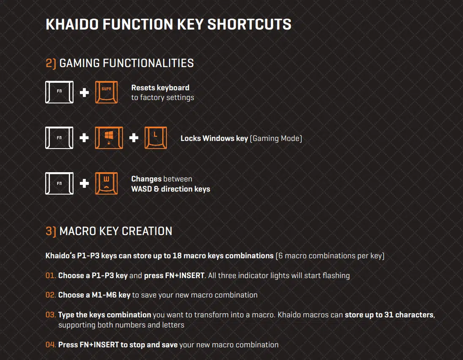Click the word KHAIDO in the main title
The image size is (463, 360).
(x=72, y=24)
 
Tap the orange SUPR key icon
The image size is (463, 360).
(x=106, y=92)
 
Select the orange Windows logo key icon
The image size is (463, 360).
(x=109, y=138)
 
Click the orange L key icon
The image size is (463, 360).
(x=155, y=138)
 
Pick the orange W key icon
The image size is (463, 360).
(x=106, y=183)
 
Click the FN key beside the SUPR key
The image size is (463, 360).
(x=59, y=92)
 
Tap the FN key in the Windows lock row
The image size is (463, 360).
(x=59, y=138)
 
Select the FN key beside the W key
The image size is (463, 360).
(x=59, y=183)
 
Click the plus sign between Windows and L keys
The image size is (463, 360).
(x=134, y=138)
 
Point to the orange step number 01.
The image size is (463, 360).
(x=51, y=276)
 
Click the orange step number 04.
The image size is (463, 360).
(x=51, y=345)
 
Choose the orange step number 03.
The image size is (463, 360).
(x=51, y=315)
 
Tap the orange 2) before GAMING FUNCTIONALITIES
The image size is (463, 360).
(x=51, y=63)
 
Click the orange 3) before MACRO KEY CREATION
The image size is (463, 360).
(x=51, y=231)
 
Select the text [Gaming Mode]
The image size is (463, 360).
(x=276, y=138)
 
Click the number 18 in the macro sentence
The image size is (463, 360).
(x=177, y=255)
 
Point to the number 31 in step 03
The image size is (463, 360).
(x=389, y=315)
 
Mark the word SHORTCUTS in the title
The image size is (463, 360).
(x=249, y=24)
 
